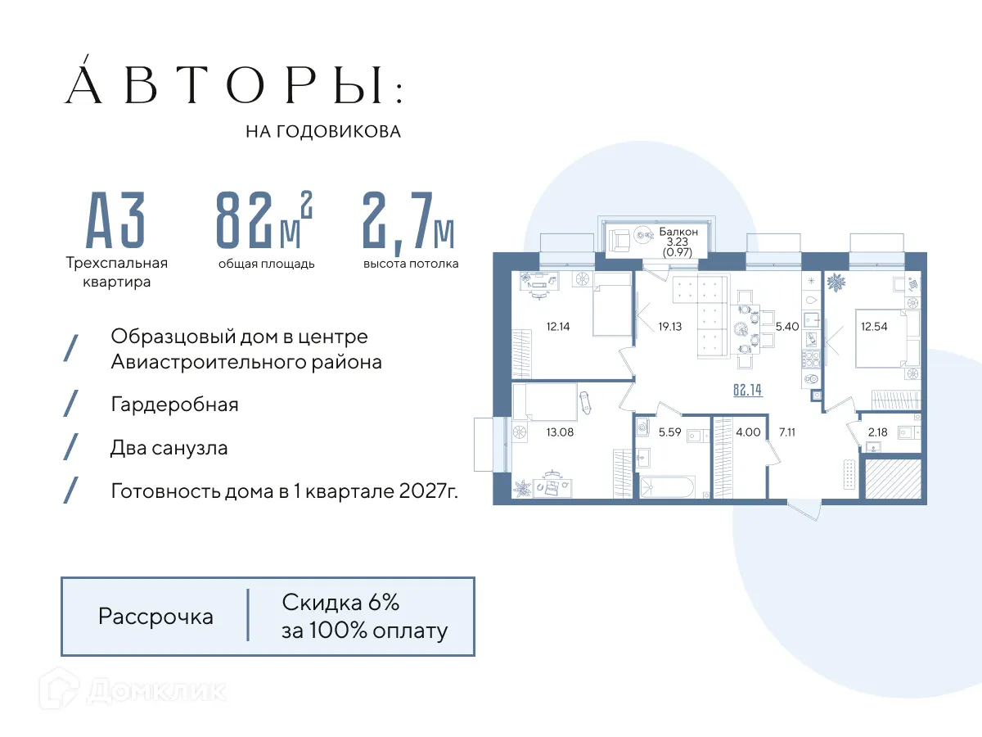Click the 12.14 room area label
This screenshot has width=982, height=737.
[558, 326]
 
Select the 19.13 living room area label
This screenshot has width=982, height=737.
[669, 326]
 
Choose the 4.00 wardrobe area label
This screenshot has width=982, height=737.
[748, 432]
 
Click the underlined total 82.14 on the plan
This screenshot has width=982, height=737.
[747, 391]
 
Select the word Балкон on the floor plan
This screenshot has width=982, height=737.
[678, 232]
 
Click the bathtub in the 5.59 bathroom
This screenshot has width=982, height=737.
[665, 487]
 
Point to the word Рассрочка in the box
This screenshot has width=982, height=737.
[155, 617]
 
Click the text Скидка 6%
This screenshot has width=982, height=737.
[340, 604]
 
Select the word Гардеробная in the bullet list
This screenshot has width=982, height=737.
[174, 405]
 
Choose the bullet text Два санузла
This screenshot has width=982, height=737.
[169, 449]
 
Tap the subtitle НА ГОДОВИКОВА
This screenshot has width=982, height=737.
[323, 132]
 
